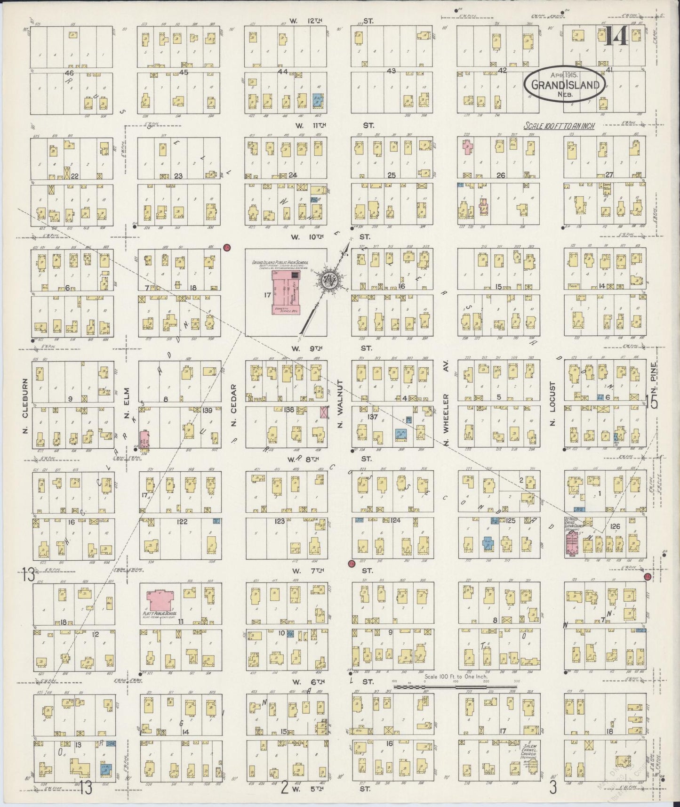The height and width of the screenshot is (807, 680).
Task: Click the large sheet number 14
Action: coord(616,36)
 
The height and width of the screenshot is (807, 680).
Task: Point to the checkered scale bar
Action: coord(455,687)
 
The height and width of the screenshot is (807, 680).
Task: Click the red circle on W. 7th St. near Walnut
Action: coord(351,563)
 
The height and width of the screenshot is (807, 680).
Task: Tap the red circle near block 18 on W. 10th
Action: coord(226,247)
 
